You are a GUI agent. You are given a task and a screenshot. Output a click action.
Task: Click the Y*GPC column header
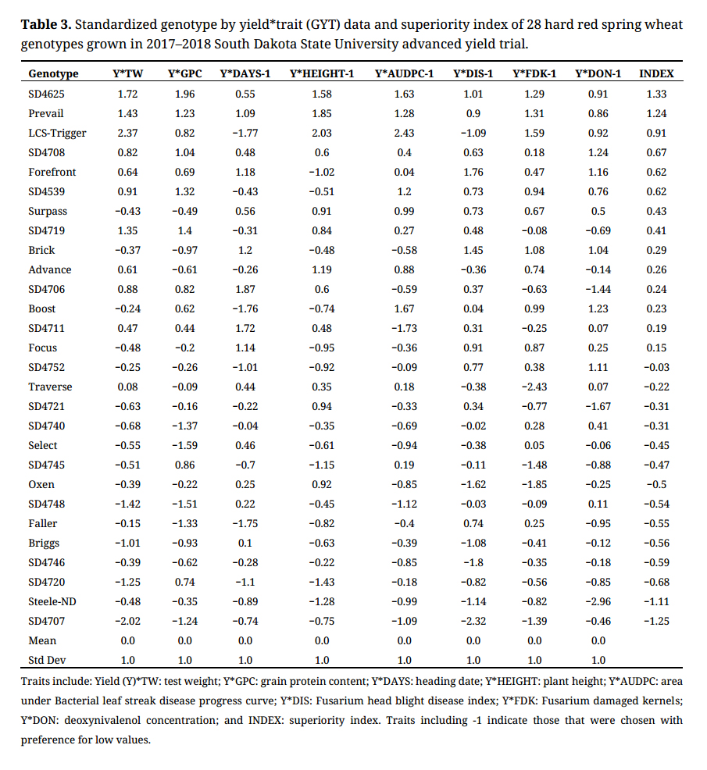tap(185, 74)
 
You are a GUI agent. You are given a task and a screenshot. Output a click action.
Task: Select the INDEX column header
tap(656, 74)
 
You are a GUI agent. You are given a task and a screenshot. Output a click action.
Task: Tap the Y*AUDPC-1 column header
tap(404, 74)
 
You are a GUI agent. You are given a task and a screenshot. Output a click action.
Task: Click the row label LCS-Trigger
tap(57, 133)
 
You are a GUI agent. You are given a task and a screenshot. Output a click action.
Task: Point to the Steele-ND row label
tap(53, 601)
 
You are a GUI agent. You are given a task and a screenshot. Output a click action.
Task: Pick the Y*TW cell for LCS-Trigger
tap(127, 133)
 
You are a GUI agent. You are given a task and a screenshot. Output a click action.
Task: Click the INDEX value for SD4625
tap(656, 94)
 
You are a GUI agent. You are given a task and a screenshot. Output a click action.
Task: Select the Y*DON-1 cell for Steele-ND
tap(598, 601)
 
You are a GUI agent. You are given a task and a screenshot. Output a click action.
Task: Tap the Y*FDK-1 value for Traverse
tap(534, 387)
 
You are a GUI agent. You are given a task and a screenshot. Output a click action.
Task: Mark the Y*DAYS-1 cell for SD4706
tap(245, 289)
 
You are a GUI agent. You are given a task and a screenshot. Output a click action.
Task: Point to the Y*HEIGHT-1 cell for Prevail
tap(321, 113)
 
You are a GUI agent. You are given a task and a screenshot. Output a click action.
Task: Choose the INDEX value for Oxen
tap(656, 484)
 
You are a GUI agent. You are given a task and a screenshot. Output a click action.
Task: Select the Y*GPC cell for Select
tap(185, 445)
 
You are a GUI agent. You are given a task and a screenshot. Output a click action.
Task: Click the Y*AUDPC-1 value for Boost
tap(404, 308)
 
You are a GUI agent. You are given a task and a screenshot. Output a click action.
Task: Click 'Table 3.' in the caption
tap(46, 25)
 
